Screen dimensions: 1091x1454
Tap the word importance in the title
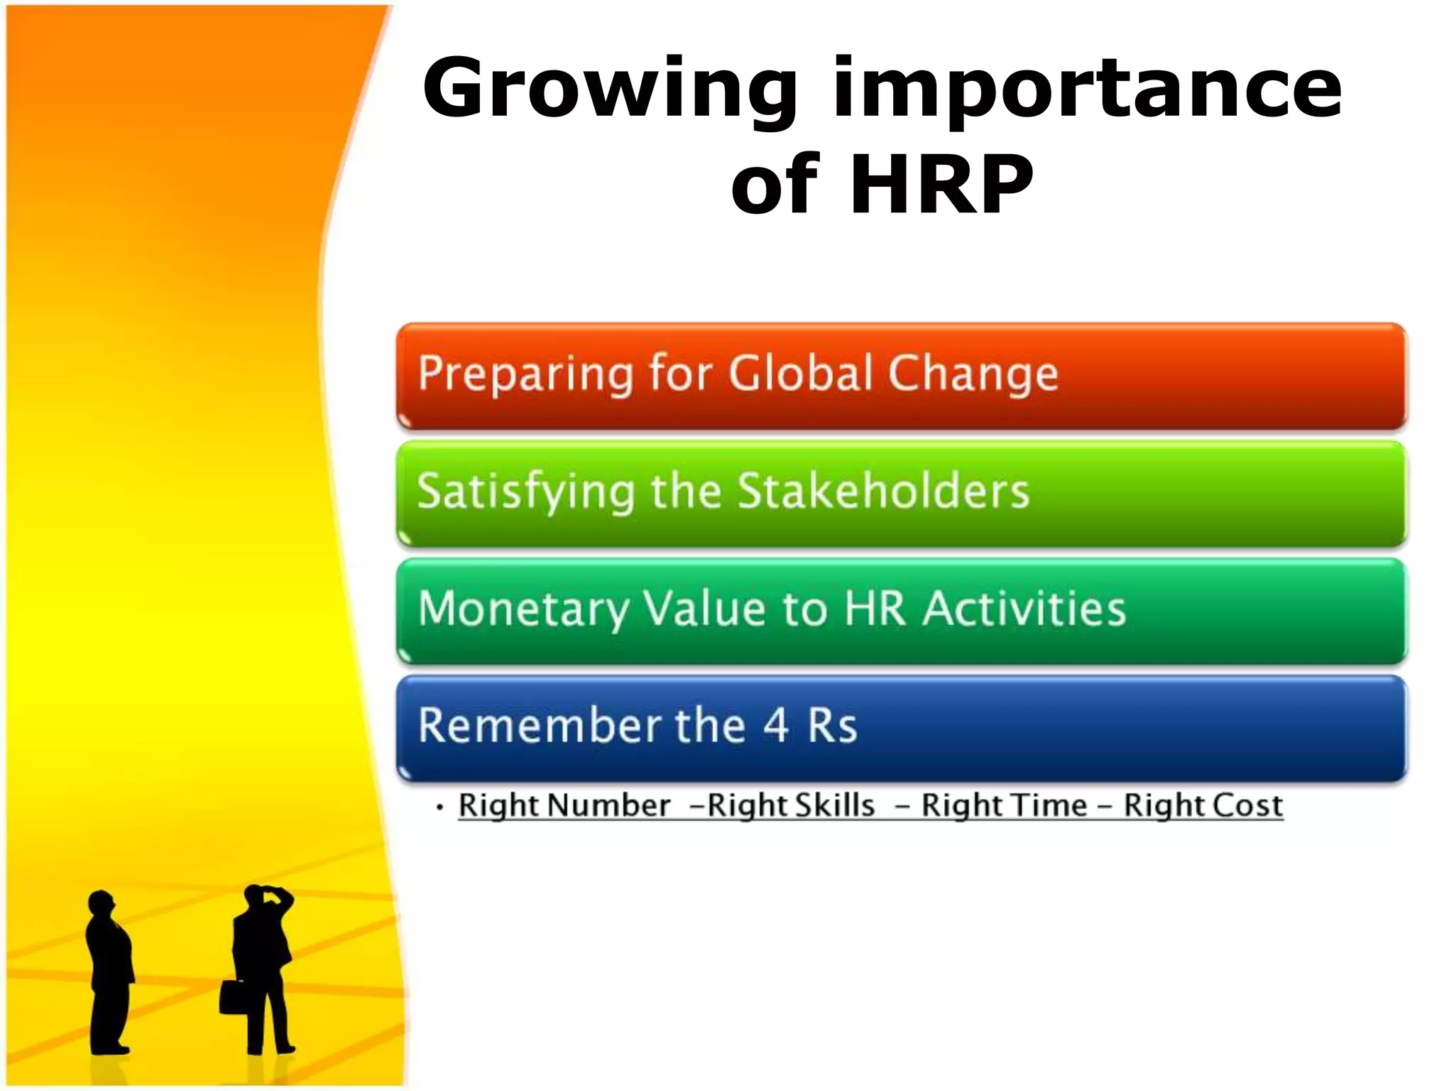coord(1086,89)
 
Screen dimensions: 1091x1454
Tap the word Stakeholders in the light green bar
coord(883,491)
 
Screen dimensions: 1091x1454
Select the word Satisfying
coord(525,491)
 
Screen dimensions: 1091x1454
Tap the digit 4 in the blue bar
coord(776,726)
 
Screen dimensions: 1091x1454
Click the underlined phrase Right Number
coord(564,805)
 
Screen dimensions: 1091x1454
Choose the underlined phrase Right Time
coord(1004,805)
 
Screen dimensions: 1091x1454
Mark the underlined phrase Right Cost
coord(1203,805)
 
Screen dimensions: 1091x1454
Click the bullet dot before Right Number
coord(440,808)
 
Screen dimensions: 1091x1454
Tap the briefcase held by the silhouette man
coord(232,996)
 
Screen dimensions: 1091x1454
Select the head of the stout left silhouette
coord(102,903)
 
